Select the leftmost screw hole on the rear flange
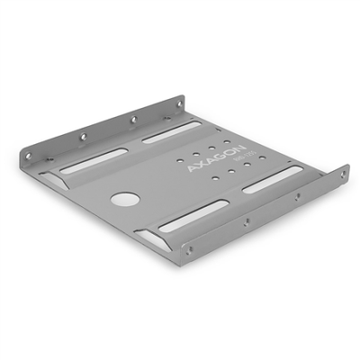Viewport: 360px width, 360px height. tap(32, 155)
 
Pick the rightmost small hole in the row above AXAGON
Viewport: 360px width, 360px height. tap(240, 131)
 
